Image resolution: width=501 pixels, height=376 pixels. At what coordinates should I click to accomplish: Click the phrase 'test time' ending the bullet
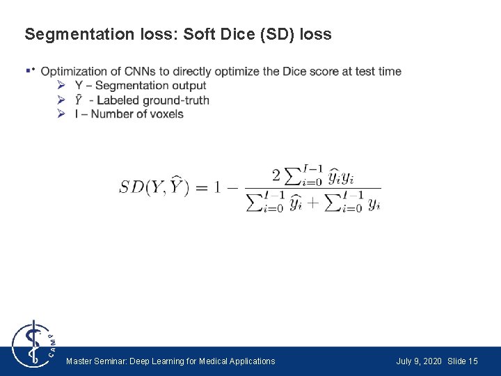379,71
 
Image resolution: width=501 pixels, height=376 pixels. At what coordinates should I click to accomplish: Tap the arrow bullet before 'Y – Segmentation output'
61,86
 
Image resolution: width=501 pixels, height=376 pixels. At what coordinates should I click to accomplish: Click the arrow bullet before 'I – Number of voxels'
61,114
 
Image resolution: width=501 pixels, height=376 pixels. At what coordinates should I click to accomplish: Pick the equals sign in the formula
201,187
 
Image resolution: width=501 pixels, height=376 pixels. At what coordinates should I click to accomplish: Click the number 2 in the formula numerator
276,173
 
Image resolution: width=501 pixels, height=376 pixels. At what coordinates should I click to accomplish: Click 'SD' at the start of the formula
132,187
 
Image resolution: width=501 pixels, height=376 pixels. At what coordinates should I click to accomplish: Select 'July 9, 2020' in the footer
419,361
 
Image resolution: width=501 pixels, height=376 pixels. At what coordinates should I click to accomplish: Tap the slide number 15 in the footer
473,361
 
